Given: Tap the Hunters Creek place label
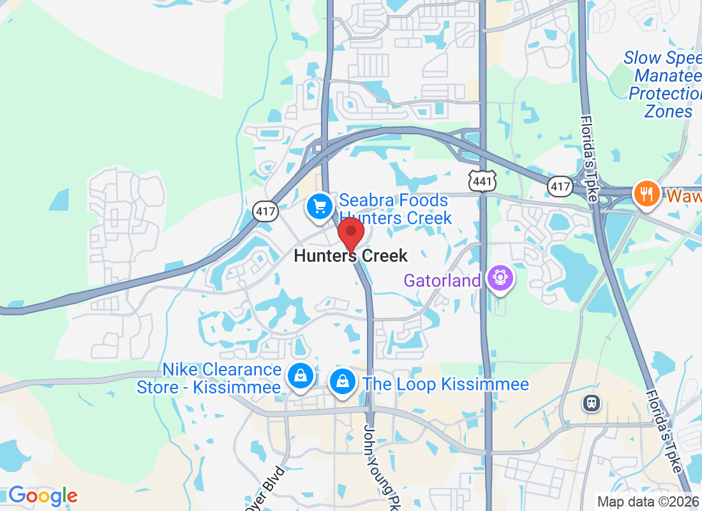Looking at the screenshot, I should pos(350,256).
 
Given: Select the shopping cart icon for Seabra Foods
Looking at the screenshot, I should pos(320,206).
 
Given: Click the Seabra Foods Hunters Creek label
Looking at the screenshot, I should pos(395,210).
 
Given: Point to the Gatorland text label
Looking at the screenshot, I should pos(442,280).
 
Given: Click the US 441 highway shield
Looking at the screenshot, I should pos(482,182).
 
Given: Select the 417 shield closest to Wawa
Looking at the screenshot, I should pos(560,186).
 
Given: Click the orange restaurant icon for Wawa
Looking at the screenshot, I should pos(646,193).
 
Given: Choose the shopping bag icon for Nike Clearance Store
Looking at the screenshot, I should pos(299,376).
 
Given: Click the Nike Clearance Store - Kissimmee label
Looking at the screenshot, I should pos(209,378).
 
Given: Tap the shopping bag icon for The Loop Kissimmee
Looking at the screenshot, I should pos(343,381).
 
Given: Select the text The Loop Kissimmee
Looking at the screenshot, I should pos(445,384).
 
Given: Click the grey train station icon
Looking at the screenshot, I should pos(592,402).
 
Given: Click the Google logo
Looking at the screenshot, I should pos(43,496).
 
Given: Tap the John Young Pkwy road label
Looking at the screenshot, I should pos(377,466).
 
